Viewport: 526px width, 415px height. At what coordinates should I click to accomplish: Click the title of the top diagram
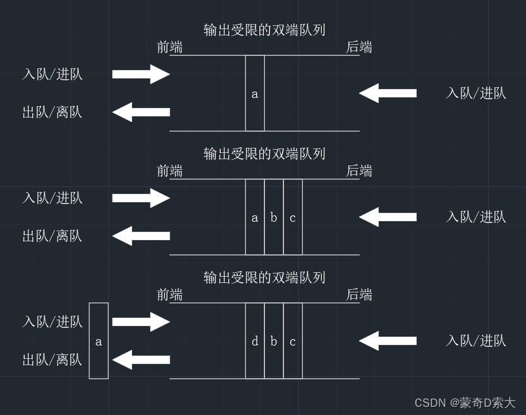(264, 30)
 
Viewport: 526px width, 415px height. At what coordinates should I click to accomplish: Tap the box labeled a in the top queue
(255, 93)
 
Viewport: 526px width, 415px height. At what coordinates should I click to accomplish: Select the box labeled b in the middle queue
(274, 217)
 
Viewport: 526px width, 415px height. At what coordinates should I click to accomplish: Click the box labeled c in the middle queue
(293, 217)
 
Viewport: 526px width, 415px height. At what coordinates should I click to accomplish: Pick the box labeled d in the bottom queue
(255, 341)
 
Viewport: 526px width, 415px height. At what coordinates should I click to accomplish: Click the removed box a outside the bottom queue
(99, 341)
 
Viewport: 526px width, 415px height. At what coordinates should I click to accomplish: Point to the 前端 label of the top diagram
(169, 47)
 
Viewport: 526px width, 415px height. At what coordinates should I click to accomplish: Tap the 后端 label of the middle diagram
(359, 171)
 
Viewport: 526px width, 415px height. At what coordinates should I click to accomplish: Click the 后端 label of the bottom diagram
(359, 294)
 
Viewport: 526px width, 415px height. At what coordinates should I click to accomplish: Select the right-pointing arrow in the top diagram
(141, 74)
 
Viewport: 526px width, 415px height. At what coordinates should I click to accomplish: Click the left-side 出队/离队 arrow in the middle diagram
(141, 236)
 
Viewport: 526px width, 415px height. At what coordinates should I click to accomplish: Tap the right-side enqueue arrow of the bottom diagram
(388, 340)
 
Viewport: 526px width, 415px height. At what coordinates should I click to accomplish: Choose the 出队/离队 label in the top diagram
(52, 112)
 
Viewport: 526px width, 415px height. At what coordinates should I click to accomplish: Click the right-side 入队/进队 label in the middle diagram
(476, 217)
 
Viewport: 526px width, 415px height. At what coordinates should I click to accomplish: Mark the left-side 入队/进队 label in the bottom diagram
(52, 322)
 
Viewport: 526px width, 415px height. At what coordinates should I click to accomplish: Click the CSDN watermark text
(465, 402)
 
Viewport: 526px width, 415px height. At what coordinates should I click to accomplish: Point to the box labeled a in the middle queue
(255, 217)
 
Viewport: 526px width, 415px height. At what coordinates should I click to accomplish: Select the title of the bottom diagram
(264, 277)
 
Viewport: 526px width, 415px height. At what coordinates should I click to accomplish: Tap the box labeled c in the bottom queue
(293, 341)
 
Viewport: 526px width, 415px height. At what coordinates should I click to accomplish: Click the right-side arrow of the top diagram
(388, 93)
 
